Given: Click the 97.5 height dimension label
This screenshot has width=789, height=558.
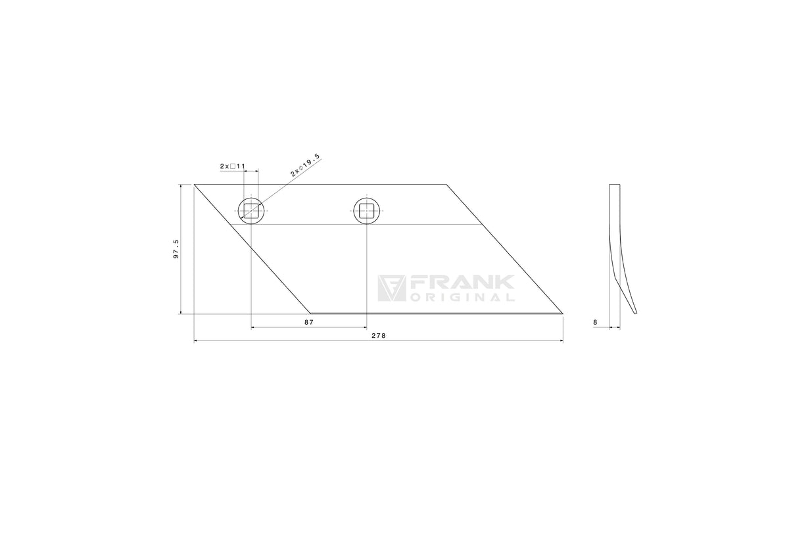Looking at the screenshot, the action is coord(176,249).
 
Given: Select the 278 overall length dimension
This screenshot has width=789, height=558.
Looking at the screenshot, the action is coord(379,335).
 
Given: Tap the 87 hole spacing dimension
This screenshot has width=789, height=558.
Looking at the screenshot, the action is coord(309,322).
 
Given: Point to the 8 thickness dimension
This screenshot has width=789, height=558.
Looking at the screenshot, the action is coord(595,322).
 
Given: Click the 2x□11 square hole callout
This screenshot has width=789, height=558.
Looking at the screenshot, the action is coord(233,166).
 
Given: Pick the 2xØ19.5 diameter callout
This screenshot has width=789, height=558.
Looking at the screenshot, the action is coord(305,165).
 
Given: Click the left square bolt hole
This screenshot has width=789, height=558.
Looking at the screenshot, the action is coord(251,211).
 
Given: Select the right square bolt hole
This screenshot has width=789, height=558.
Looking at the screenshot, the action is coord(367,211).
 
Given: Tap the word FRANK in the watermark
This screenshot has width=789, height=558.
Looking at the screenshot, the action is coord(462,283).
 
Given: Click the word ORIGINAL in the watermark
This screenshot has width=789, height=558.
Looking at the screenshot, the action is coord(462,298).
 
